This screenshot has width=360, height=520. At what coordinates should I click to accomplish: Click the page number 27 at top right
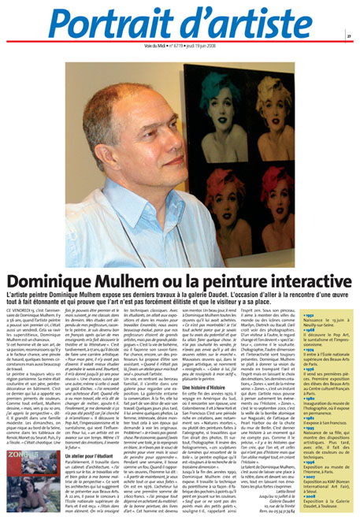point(347,35)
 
